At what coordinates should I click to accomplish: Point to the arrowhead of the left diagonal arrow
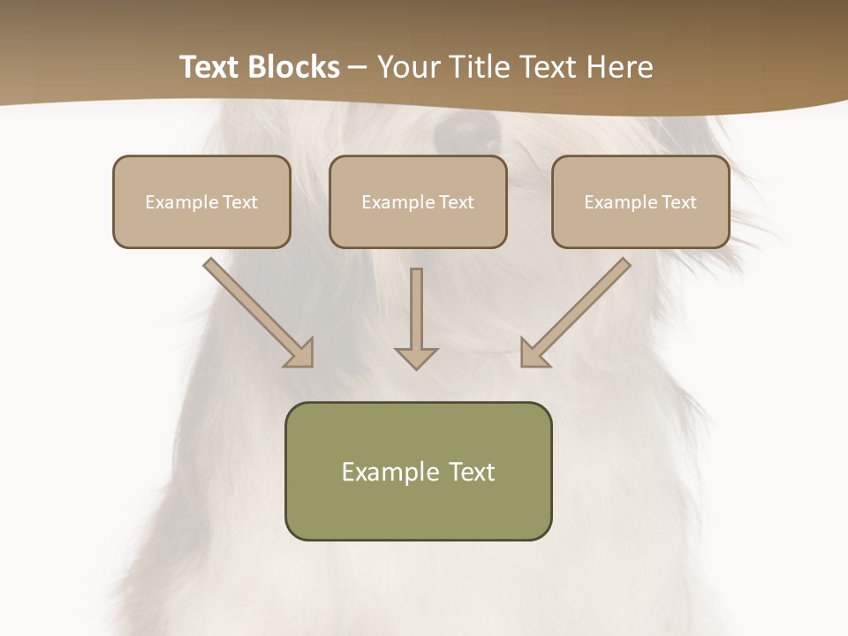point(301,354)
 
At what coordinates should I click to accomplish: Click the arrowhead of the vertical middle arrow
point(416,358)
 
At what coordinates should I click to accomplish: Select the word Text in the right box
point(678,202)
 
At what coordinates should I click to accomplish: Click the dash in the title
point(359,68)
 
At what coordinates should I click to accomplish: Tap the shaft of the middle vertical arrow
point(416,305)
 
